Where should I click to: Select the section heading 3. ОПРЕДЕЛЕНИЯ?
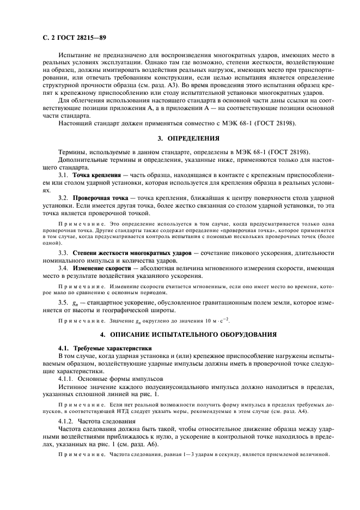click(x=188, y=137)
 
